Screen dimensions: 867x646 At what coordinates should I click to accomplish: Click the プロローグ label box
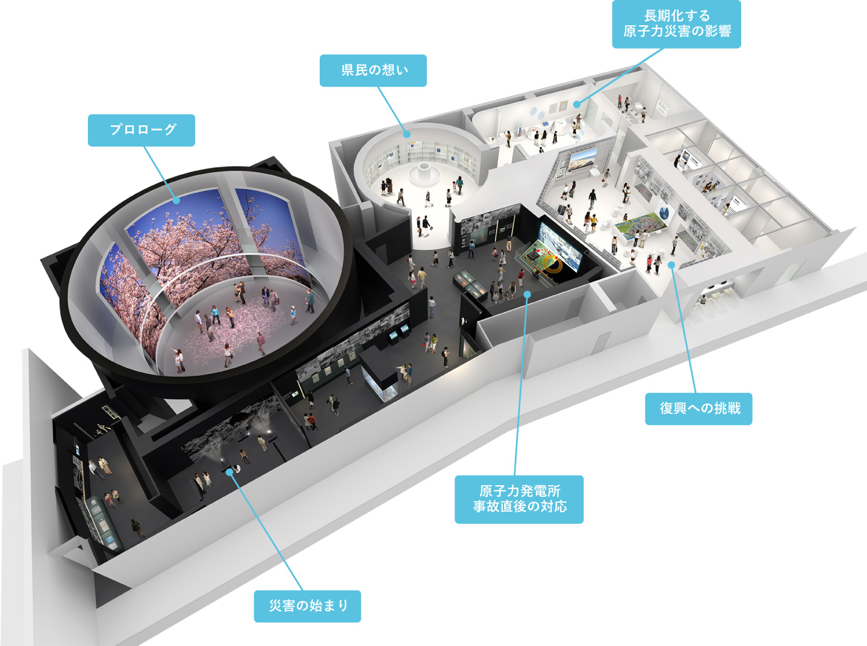pyautogui.click(x=141, y=130)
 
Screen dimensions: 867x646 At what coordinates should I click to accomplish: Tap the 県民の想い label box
pyautogui.click(x=373, y=70)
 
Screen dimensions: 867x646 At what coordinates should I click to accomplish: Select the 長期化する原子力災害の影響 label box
pyautogui.click(x=676, y=24)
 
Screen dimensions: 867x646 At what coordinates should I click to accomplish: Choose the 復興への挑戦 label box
pyautogui.click(x=698, y=409)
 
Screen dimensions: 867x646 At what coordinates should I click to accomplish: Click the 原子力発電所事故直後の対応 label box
pyautogui.click(x=519, y=499)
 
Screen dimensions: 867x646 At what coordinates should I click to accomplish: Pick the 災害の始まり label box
pyautogui.click(x=307, y=606)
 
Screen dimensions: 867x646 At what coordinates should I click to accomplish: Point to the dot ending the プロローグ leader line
pyautogui.click(x=176, y=200)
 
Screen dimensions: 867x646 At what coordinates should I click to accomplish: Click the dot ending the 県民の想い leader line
pyautogui.click(x=407, y=134)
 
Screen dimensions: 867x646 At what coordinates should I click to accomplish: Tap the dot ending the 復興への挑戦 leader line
pyautogui.click(x=671, y=265)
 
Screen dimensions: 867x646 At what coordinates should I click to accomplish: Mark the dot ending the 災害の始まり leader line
pyautogui.click(x=229, y=471)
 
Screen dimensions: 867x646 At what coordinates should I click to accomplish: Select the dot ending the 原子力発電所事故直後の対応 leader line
pyautogui.click(x=527, y=294)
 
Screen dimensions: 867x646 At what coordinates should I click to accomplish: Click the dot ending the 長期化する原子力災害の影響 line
pyautogui.click(x=577, y=104)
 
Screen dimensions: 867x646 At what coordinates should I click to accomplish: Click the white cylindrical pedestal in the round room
pyautogui.click(x=423, y=175)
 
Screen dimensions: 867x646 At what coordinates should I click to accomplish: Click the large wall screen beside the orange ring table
pyautogui.click(x=560, y=247)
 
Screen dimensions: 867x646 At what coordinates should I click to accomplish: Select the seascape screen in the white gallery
pyautogui.click(x=583, y=159)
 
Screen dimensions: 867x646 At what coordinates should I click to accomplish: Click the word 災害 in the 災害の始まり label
pyautogui.click(x=282, y=606)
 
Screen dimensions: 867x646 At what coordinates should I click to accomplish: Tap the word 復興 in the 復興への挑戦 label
pyautogui.click(x=674, y=409)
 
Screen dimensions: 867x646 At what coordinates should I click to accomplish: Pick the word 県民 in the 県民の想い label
pyautogui.click(x=355, y=70)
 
